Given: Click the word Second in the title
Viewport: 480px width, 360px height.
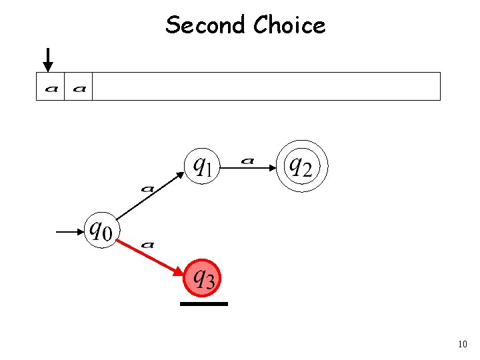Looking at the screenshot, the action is [x=206, y=25].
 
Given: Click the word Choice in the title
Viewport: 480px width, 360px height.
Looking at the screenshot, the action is [x=289, y=25].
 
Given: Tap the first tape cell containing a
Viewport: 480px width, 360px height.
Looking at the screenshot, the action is [x=51, y=87].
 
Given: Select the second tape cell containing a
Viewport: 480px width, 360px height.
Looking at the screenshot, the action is [x=79, y=87].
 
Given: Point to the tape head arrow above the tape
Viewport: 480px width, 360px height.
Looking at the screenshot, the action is [x=48, y=60].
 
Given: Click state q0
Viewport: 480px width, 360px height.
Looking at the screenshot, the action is [x=101, y=231].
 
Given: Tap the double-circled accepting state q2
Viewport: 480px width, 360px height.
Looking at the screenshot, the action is [x=303, y=165].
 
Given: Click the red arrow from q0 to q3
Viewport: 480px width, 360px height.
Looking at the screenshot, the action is [x=153, y=256].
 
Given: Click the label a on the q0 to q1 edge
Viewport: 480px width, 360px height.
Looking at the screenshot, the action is [x=147, y=189].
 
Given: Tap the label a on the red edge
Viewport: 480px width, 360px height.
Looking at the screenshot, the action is [x=148, y=245].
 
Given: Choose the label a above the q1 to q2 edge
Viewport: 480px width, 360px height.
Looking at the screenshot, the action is [x=247, y=160].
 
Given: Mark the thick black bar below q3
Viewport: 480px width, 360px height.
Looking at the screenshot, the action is [x=203, y=304].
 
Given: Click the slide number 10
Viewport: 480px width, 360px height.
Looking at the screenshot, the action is [x=462, y=345].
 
